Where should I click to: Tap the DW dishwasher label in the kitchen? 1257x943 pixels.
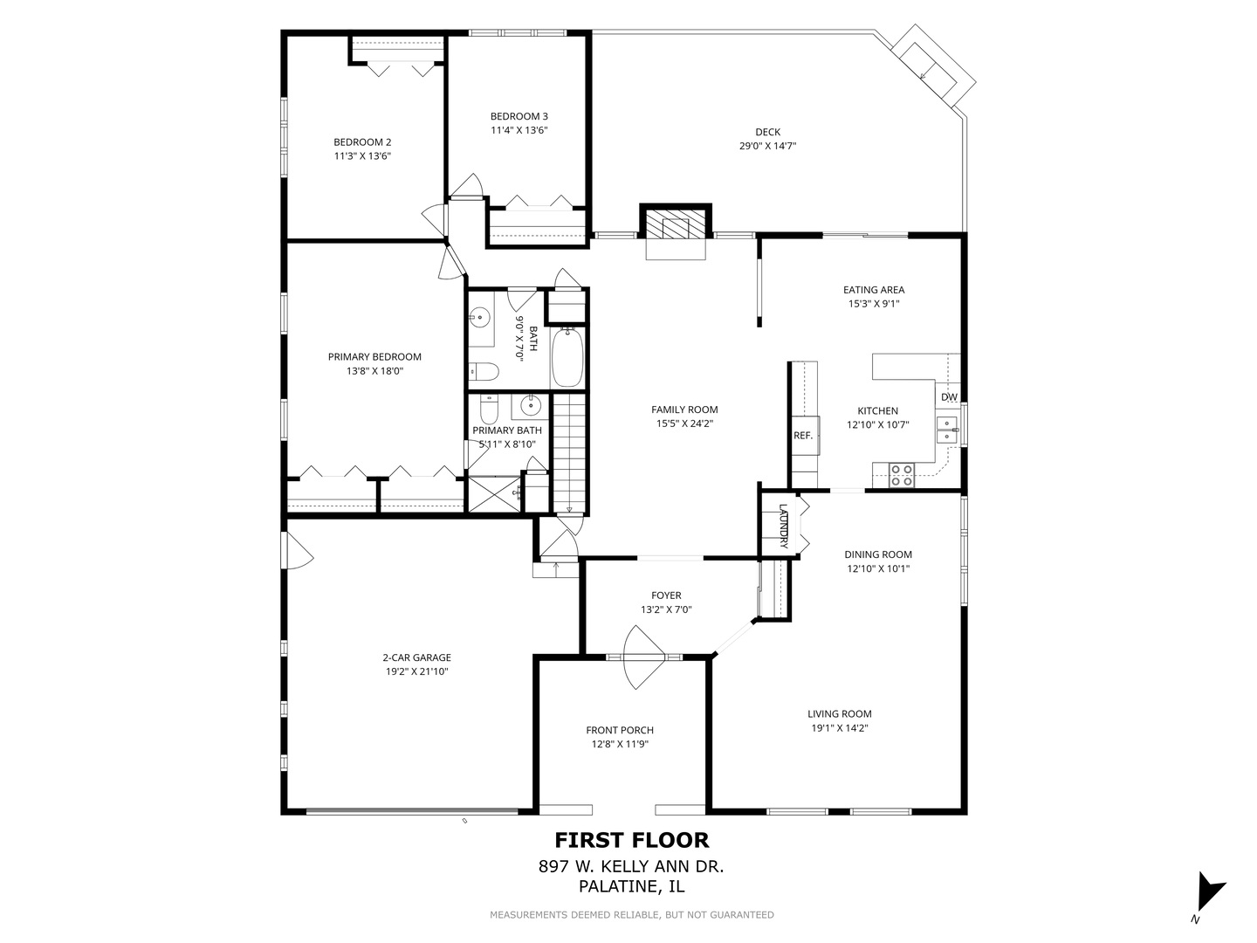click(949, 397)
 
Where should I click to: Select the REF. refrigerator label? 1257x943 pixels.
click(802, 436)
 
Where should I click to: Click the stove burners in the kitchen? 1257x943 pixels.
click(902, 475)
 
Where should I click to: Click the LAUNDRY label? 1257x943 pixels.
click(784, 526)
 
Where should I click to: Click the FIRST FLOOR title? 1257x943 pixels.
click(632, 840)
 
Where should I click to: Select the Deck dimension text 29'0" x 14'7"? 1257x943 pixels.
click(767, 147)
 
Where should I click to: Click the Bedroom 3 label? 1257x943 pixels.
click(519, 116)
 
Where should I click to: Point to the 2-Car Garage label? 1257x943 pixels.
click(416, 657)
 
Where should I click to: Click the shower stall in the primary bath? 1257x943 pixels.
click(493, 493)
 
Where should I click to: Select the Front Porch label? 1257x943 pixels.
click(619, 730)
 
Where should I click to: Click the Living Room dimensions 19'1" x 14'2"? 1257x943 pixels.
click(839, 727)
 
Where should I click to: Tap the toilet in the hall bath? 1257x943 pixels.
click(483, 373)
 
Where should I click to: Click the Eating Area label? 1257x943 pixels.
click(873, 290)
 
